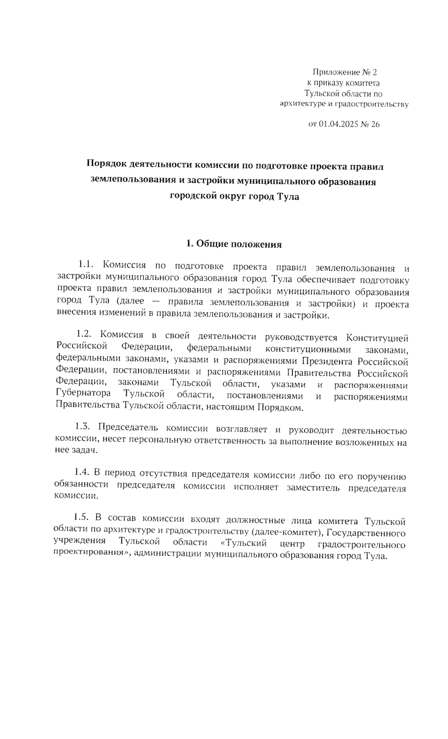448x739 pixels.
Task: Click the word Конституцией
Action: coord(377,338)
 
